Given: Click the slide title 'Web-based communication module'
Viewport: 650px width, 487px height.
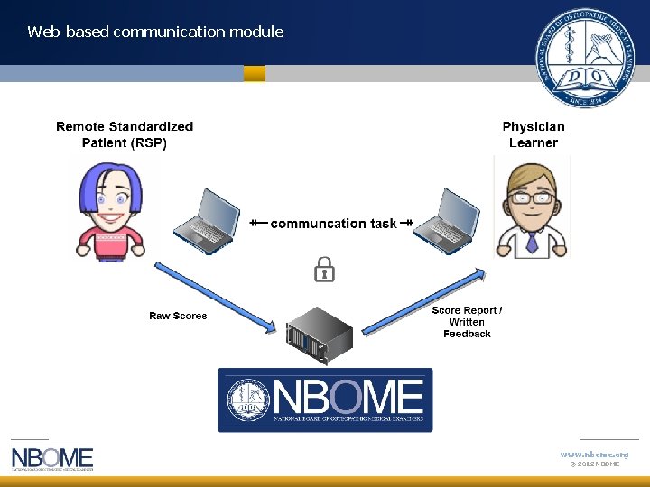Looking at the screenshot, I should (x=155, y=32).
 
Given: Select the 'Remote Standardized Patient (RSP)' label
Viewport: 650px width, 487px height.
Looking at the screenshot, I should (x=125, y=134).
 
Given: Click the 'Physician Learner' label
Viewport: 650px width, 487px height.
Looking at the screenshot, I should (x=534, y=134).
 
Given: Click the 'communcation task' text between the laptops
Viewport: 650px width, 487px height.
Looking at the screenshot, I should (x=333, y=223).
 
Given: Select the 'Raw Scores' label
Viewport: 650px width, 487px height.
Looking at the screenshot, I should (x=178, y=316).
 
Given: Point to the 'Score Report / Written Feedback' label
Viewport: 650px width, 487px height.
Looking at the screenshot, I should (x=467, y=322).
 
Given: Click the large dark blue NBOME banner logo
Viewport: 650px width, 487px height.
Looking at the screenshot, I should (x=325, y=399).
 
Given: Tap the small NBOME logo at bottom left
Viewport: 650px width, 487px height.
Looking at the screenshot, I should (x=52, y=458).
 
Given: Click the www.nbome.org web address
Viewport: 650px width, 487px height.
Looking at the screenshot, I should (x=594, y=454).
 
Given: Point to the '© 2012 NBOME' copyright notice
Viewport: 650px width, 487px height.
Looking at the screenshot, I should (x=594, y=464).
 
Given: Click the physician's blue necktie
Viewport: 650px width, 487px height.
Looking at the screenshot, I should (x=532, y=243).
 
